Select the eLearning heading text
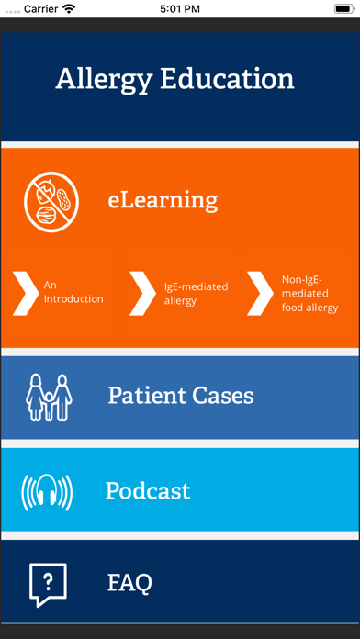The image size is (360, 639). (x=163, y=199)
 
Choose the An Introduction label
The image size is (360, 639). (x=73, y=292)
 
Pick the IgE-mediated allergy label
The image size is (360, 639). (x=196, y=293)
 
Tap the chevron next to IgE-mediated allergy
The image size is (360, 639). (x=142, y=292)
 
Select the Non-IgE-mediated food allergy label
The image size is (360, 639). (x=309, y=293)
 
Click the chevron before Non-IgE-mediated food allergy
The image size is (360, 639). (x=259, y=292)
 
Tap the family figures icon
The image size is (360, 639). (x=49, y=396)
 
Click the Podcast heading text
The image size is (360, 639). (x=148, y=490)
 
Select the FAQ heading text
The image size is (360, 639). (x=129, y=582)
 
